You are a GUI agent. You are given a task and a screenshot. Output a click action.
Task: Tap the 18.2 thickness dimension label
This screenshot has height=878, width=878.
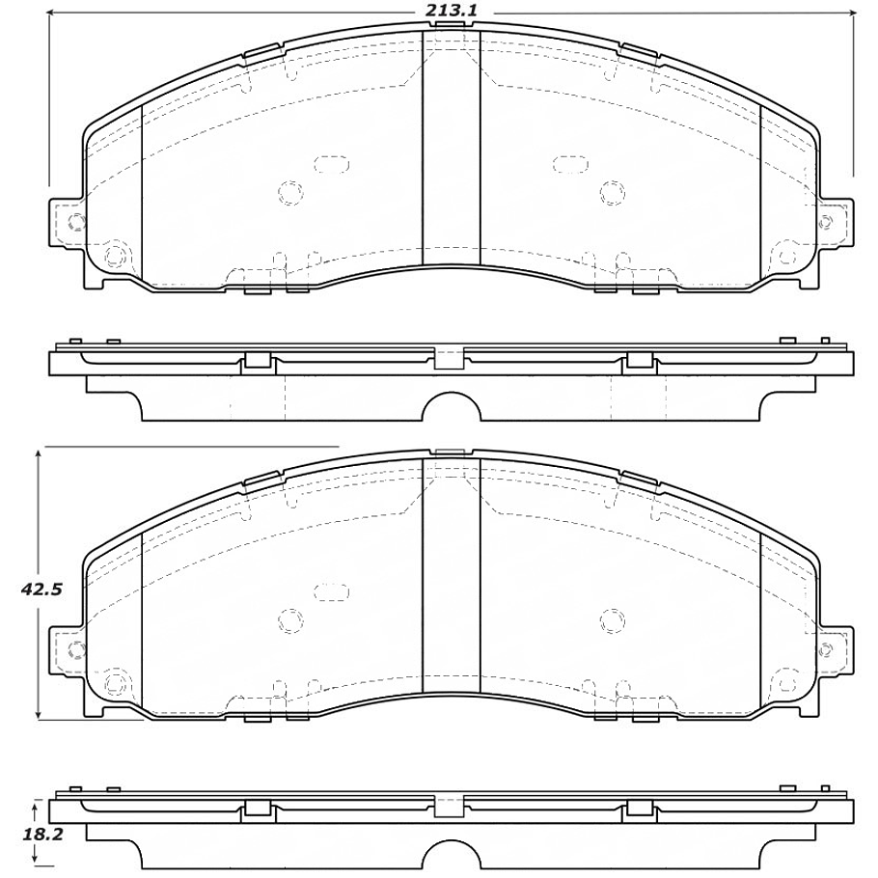(x=42, y=835)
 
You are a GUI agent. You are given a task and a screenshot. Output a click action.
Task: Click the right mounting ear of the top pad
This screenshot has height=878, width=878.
(x=835, y=222)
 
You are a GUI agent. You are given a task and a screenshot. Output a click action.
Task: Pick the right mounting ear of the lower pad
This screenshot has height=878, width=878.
(x=835, y=650)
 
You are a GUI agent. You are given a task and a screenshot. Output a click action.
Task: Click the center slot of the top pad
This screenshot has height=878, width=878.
(x=451, y=148)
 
